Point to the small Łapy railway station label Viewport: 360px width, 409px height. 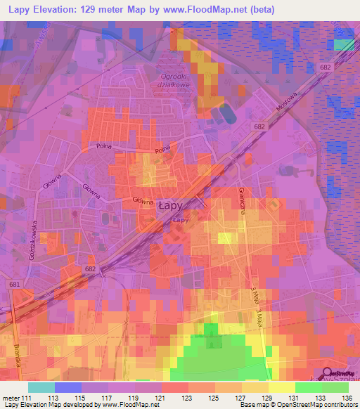click(180, 219)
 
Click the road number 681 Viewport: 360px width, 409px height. click(15, 283)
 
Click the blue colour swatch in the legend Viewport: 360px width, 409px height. click(68, 387)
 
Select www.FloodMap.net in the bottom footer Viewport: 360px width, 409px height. click(119, 405)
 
